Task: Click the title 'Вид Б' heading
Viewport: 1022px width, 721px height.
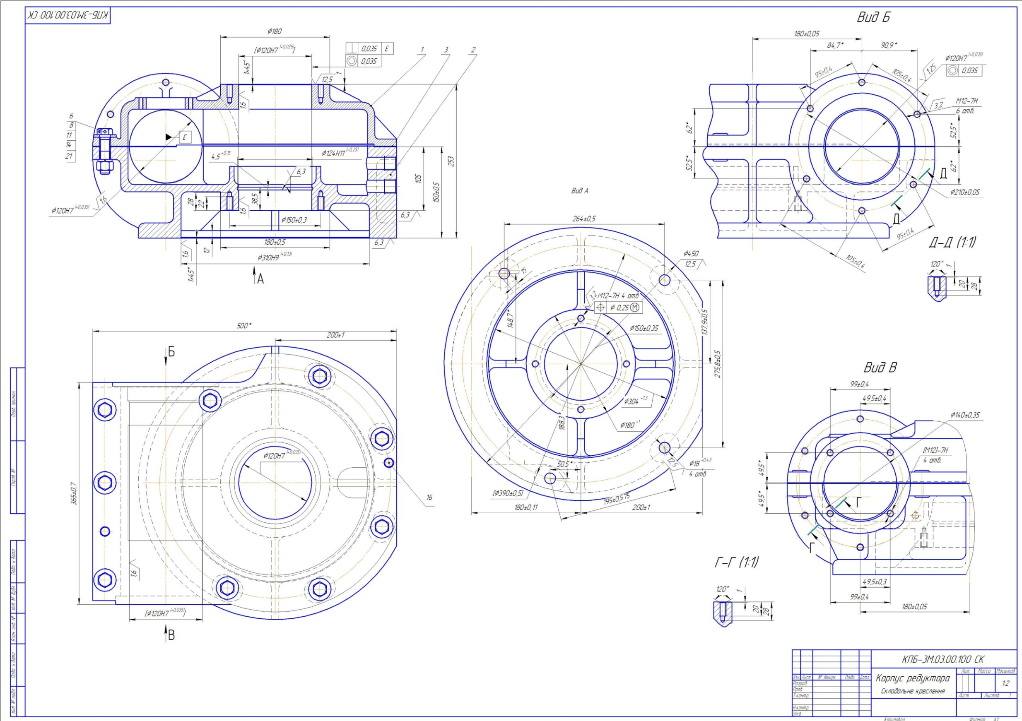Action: click(x=873, y=17)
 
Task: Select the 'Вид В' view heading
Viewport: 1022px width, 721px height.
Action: click(x=880, y=368)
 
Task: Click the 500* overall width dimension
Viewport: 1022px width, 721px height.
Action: click(x=244, y=326)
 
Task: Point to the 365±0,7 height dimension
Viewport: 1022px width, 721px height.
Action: click(x=74, y=493)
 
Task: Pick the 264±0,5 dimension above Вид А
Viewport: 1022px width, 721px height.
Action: click(x=583, y=219)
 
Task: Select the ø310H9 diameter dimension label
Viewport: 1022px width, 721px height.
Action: click(x=275, y=257)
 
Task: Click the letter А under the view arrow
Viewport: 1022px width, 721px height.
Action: click(x=260, y=279)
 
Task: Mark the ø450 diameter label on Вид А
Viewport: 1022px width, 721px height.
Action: click(x=691, y=254)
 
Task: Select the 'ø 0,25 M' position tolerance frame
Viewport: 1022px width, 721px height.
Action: click(x=619, y=308)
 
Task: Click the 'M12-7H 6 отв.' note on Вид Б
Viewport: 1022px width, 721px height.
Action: click(x=966, y=106)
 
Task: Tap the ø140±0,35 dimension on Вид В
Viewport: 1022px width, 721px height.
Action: click(x=965, y=415)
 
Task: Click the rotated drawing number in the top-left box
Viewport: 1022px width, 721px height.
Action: click(x=67, y=16)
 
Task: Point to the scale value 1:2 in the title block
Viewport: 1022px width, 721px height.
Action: click(x=1005, y=684)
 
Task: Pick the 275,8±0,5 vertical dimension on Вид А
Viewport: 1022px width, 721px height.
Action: click(x=718, y=363)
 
